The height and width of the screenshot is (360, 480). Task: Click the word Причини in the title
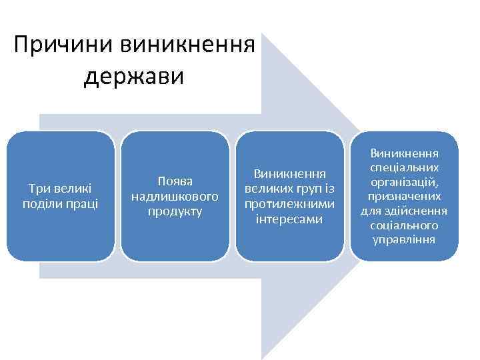[63, 47]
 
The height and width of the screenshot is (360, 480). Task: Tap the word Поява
[175, 181]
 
